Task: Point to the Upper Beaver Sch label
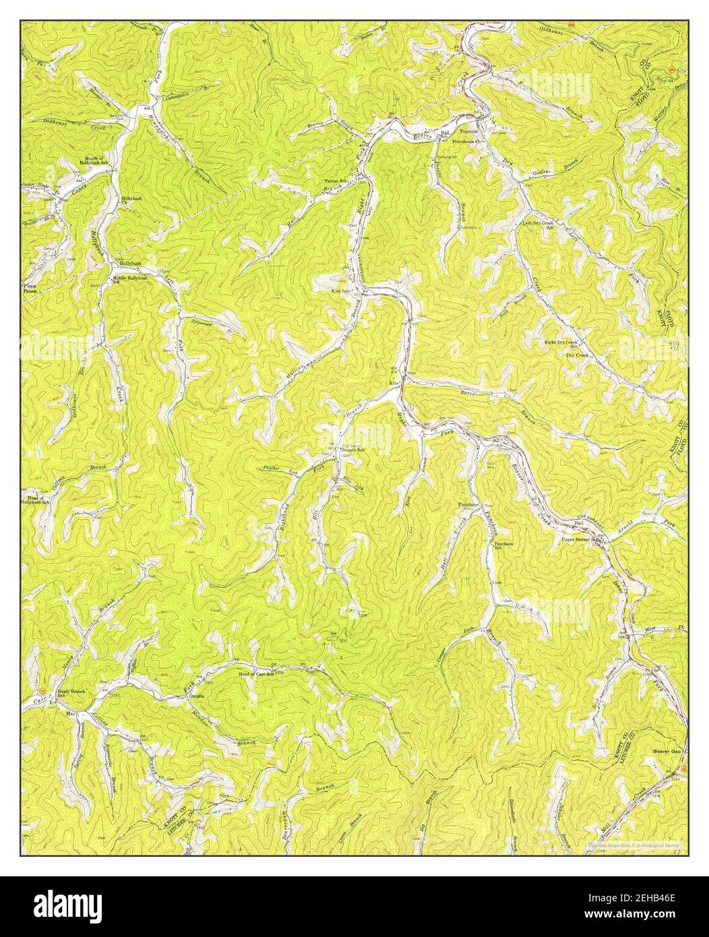[582, 539]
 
